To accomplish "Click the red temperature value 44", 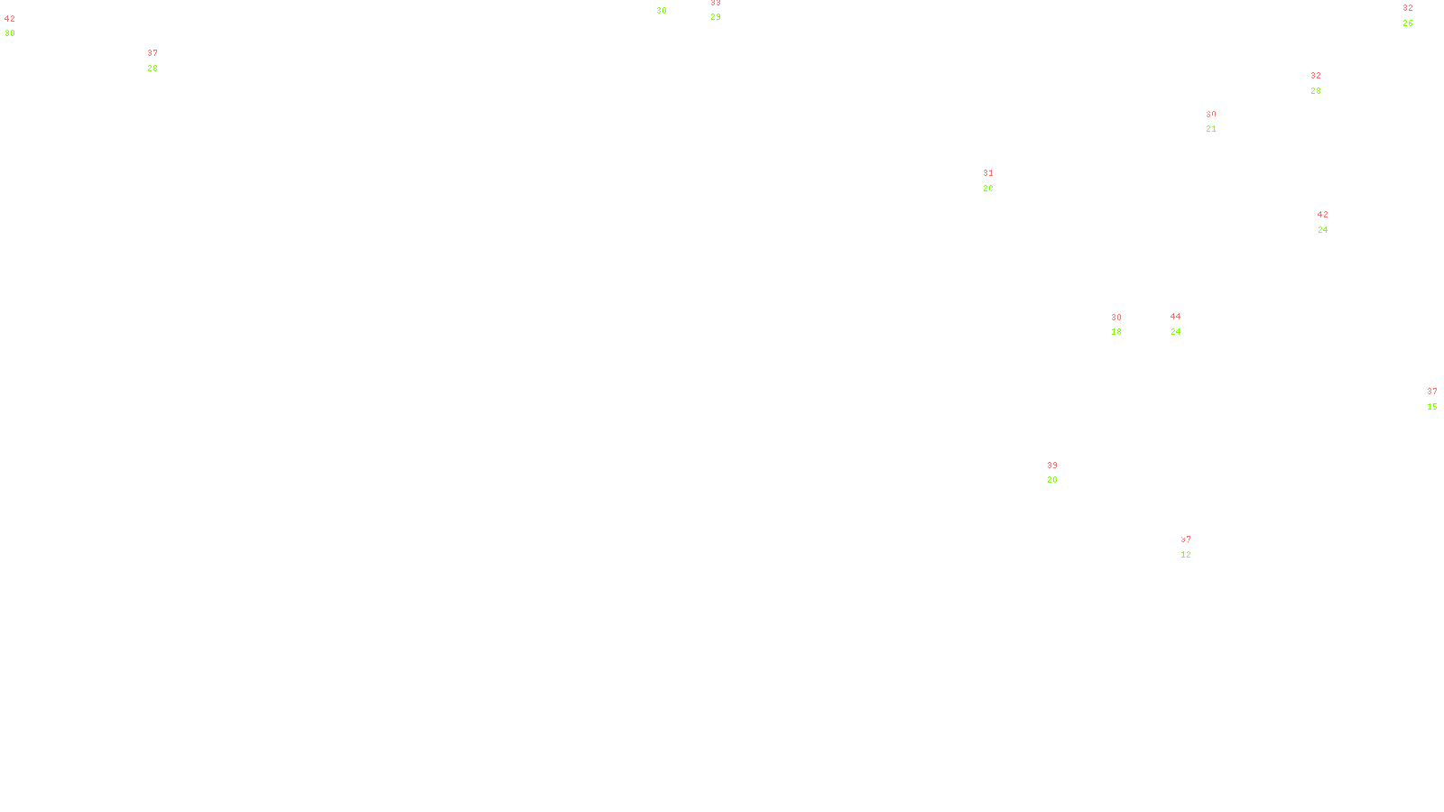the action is pos(1175,317).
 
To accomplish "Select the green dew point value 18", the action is pos(1116,332).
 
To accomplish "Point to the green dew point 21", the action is pos(1211,129).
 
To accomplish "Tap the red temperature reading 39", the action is pos(1052,466).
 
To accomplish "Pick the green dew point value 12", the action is pos(1186,555).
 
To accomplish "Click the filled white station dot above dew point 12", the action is pos(1195,547).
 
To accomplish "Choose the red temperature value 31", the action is pos(988,173).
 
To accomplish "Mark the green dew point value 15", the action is pos(1432,407).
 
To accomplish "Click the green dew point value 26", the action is pos(1408,23).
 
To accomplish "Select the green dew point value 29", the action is pos(716,17).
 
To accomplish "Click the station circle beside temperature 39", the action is pos(1061,473).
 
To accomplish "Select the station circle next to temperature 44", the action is pos(1184,324).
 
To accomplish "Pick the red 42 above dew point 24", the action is pos(1323,215).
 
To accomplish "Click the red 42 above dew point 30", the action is pos(10,19).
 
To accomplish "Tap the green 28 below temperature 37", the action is pos(153,69).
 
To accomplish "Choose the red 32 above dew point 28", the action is pos(1316,76).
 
